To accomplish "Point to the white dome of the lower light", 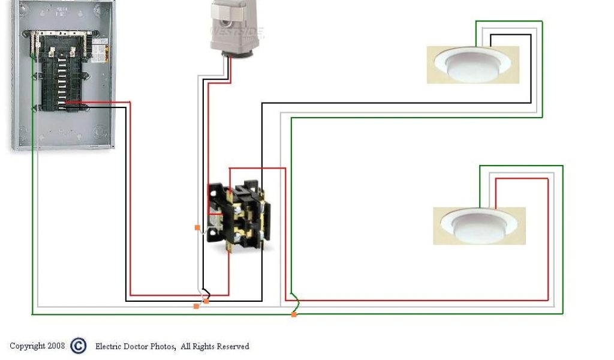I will pos(480,223).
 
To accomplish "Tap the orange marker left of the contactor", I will pos(197,227).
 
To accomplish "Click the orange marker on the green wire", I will pos(294,314).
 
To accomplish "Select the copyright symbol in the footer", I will pos(79,346).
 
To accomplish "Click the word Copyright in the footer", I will pos(28,346).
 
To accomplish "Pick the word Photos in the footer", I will pos(162,346).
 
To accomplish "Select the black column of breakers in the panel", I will pos(61,74).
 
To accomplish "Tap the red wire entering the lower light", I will pos(547,240).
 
